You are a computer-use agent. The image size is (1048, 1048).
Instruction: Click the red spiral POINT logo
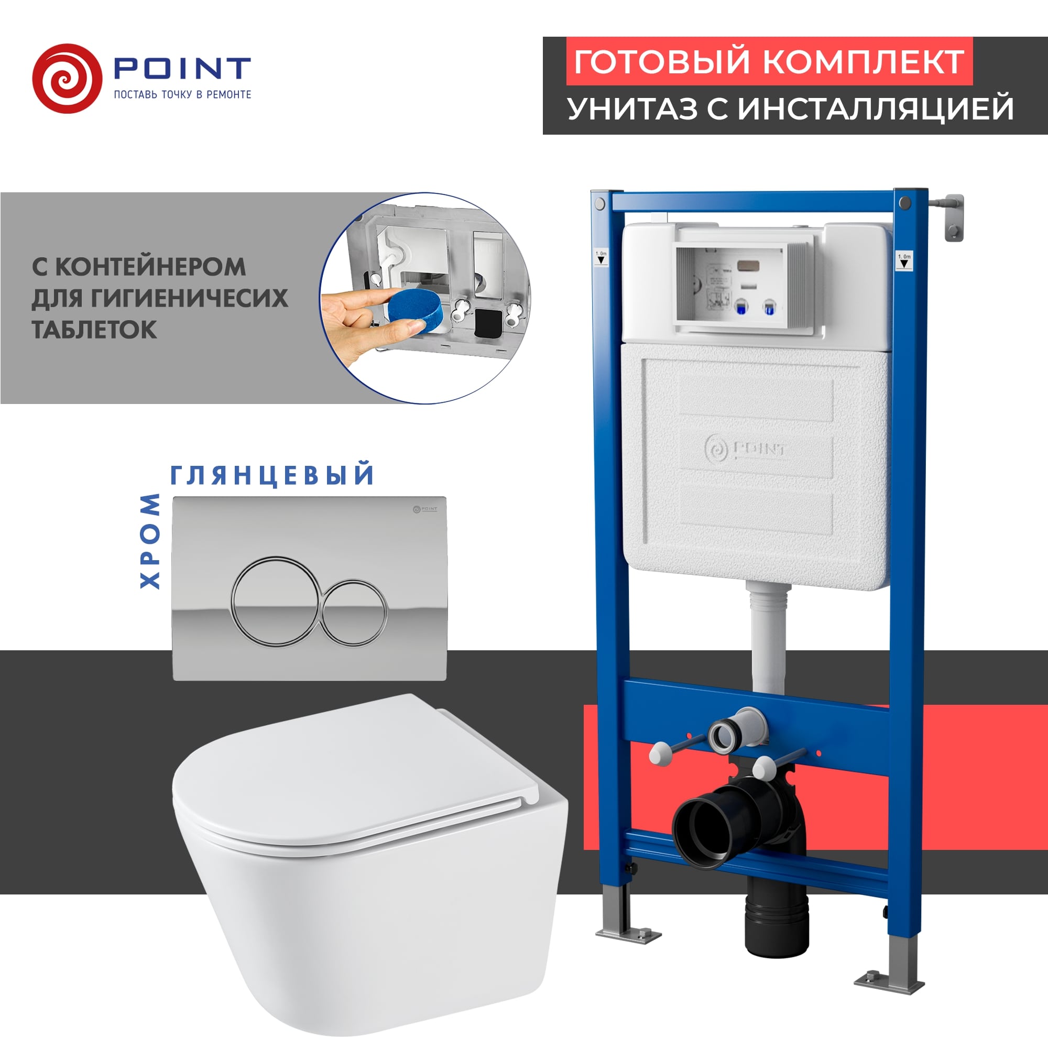(x=67, y=79)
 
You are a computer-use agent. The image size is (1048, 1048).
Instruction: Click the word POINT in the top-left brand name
(x=182, y=68)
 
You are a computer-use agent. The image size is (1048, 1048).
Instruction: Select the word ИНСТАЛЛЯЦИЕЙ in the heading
(x=876, y=108)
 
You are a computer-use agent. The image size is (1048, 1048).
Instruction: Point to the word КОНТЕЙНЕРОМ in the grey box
(x=151, y=267)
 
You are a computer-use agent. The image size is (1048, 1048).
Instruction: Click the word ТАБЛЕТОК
(x=94, y=330)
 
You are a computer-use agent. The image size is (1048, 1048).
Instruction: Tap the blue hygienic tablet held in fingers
(x=413, y=310)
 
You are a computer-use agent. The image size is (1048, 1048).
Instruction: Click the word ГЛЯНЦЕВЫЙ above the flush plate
(x=272, y=475)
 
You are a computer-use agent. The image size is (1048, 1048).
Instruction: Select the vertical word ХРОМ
(x=150, y=541)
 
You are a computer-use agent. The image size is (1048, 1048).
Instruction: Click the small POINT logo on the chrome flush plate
(x=425, y=509)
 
